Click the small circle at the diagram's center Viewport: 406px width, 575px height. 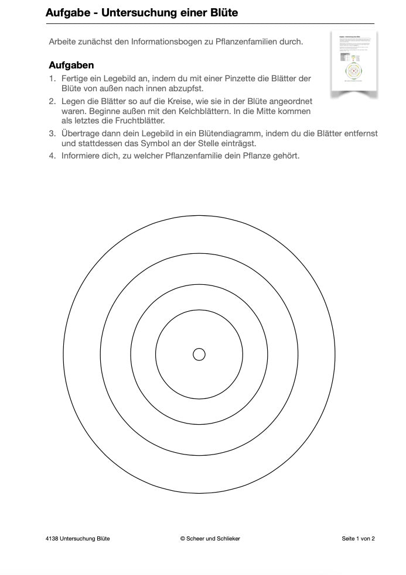pyautogui.click(x=199, y=354)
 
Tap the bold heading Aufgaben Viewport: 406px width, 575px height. pyautogui.click(x=71, y=65)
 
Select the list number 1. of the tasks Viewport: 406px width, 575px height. pyautogui.click(x=52, y=78)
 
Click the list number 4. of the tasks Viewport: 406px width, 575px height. pyautogui.click(x=52, y=156)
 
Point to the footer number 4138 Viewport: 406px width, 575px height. pyautogui.click(x=52, y=539)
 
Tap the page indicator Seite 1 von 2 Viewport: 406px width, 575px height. pyautogui.click(x=358, y=539)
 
